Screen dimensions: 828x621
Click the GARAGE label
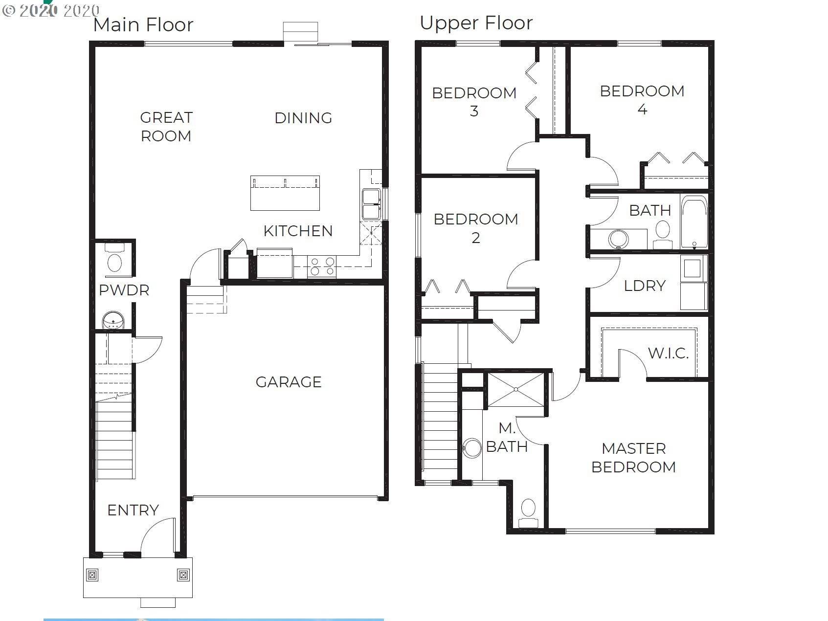[x=289, y=382]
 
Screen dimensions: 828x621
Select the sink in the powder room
[x=113, y=321]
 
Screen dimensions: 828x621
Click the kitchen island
[x=285, y=193]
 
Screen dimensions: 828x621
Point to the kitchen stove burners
[x=322, y=266]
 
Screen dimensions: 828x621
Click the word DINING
[x=303, y=118]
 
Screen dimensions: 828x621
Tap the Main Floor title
[x=143, y=25]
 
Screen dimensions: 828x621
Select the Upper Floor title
[x=476, y=23]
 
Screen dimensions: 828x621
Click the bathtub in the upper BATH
[x=694, y=222]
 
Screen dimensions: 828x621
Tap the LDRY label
[x=645, y=286]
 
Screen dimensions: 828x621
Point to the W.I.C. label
[x=668, y=353]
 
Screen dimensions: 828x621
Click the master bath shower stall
[x=516, y=389]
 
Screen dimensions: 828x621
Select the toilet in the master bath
[x=528, y=513]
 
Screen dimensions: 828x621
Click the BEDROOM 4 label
[x=642, y=100]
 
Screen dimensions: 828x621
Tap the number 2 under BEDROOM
[x=476, y=238]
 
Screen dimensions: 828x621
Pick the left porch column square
[x=92, y=575]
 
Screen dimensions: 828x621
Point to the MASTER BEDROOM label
[x=633, y=458]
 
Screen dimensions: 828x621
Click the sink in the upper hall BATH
[x=618, y=239]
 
